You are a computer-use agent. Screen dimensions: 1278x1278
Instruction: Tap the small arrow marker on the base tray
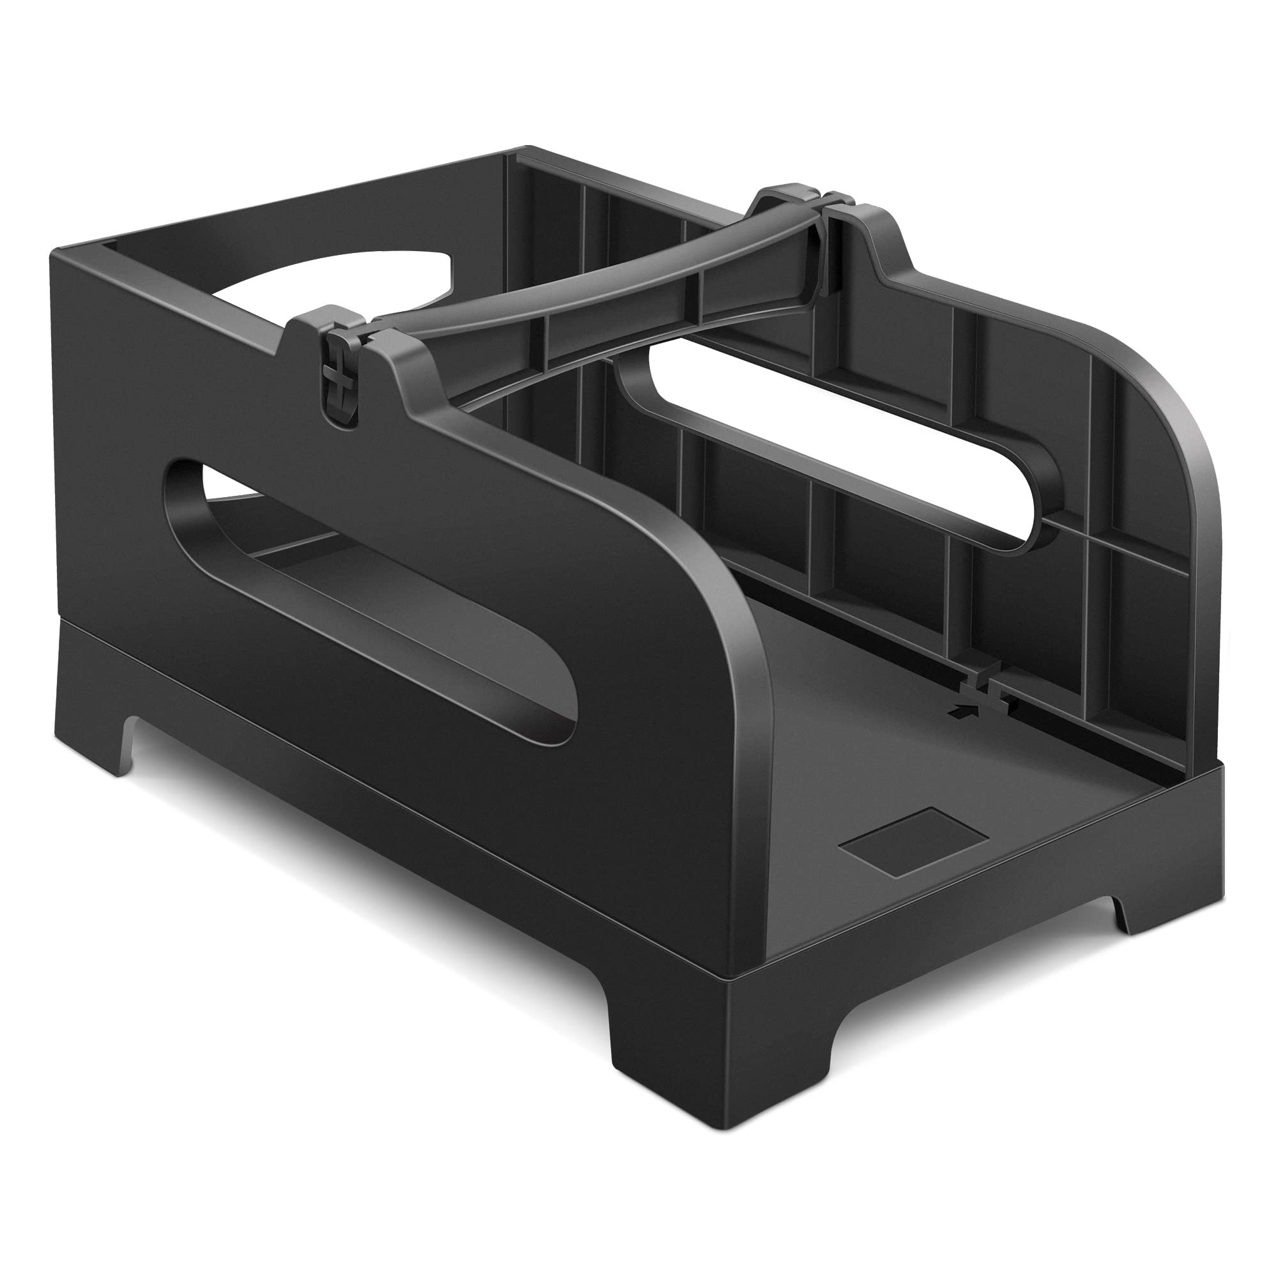[955, 710]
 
